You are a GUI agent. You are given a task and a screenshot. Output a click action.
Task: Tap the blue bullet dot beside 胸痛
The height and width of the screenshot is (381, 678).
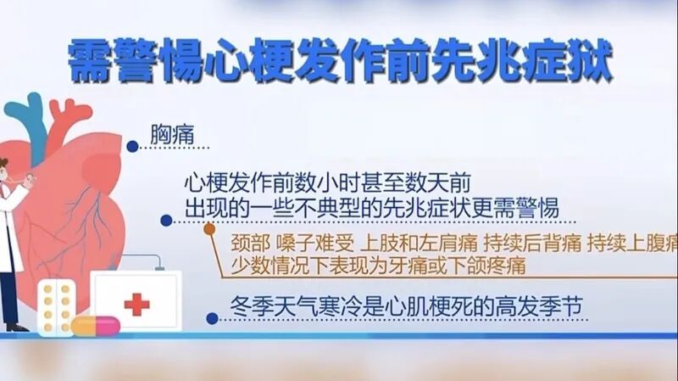pyautogui.click(x=132, y=147)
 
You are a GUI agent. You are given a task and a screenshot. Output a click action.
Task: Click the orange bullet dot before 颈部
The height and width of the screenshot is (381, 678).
pyautogui.click(x=209, y=227)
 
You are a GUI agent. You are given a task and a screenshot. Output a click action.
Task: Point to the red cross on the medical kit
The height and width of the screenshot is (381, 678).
pyautogui.click(x=135, y=304)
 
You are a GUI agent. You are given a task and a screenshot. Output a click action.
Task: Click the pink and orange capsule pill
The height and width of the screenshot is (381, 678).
pyautogui.click(x=96, y=324)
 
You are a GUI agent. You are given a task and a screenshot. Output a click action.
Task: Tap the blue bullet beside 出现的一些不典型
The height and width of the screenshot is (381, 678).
pyautogui.click(x=167, y=219)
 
